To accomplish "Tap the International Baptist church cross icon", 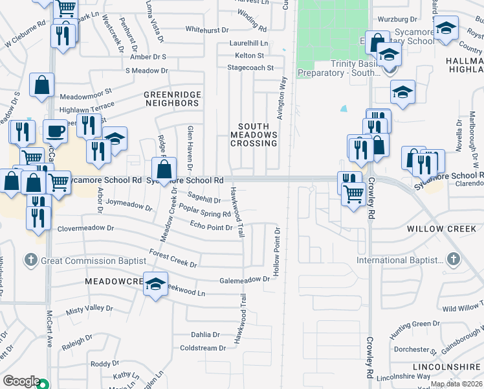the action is coord(453,260).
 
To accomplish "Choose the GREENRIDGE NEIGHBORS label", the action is coord(172,99).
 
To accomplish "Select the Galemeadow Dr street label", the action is coord(244,279).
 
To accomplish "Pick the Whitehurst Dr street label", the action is coord(207,29).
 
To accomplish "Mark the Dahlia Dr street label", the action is coord(206,335).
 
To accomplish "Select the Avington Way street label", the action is coord(282,96).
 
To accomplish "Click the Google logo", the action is coord(21,381).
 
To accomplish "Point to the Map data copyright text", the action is coord(456,384).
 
